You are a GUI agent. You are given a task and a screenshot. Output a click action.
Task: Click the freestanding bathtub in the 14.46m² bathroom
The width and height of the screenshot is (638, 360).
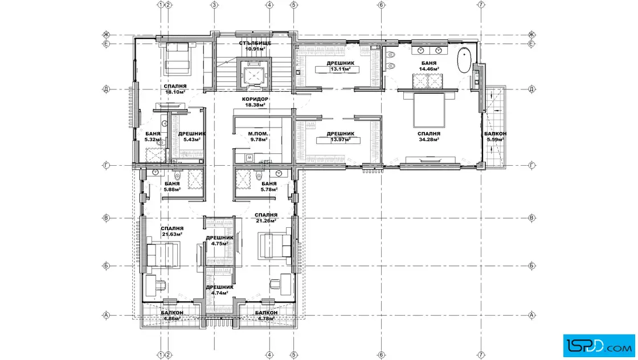[x=464, y=60]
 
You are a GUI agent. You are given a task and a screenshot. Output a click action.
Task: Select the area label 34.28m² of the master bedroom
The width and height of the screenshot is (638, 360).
[x=429, y=140]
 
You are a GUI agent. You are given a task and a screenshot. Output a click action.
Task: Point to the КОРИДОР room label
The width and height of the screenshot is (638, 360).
[x=255, y=99]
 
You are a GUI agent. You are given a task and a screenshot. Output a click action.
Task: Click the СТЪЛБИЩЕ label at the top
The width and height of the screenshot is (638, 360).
[x=255, y=43]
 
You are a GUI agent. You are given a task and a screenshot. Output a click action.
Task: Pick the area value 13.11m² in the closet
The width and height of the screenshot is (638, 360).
[x=340, y=69]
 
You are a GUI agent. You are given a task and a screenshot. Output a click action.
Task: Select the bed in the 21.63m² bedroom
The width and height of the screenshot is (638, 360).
[x=163, y=255]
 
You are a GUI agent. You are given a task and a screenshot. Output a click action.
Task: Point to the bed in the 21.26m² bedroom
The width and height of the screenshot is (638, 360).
[x=275, y=246]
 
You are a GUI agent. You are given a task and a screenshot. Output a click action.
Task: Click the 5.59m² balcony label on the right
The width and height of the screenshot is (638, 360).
[x=495, y=140]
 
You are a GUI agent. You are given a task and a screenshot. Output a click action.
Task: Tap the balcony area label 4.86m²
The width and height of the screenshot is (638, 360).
[x=171, y=318]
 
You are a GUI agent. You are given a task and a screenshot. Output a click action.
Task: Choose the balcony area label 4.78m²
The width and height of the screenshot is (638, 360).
[x=266, y=318]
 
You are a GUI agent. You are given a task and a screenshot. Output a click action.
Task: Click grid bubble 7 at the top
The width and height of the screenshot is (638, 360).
[x=481, y=5]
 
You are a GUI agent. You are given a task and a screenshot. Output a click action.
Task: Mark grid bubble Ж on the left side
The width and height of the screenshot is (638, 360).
[x=107, y=35]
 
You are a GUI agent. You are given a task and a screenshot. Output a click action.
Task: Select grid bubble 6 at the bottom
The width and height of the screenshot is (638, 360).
[x=381, y=355]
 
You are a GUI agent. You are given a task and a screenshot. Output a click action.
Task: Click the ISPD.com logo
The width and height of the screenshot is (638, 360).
[x=599, y=346]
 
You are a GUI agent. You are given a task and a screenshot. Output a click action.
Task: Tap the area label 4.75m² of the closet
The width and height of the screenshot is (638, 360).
[x=219, y=244]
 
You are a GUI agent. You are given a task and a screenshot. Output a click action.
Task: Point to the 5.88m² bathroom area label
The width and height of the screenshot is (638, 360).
[x=172, y=190]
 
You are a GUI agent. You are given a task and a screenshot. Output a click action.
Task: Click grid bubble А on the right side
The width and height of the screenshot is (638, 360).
[x=531, y=315]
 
